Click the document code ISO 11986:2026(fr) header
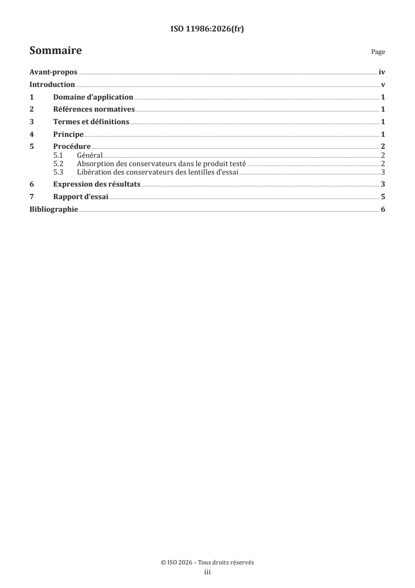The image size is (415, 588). (207, 29)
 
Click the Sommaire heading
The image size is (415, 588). (55, 51)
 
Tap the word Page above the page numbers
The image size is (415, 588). (378, 52)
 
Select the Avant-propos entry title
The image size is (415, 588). (53, 73)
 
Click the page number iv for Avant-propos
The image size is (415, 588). (382, 73)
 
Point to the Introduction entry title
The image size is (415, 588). (52, 85)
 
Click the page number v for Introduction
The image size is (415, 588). (384, 85)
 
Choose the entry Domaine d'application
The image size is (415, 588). (93, 97)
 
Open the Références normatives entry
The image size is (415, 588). (94, 110)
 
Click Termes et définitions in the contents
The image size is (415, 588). (91, 122)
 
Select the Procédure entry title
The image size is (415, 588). (72, 146)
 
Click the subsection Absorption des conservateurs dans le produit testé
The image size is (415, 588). (161, 164)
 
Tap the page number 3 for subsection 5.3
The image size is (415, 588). (384, 172)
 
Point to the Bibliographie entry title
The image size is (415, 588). (53, 209)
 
